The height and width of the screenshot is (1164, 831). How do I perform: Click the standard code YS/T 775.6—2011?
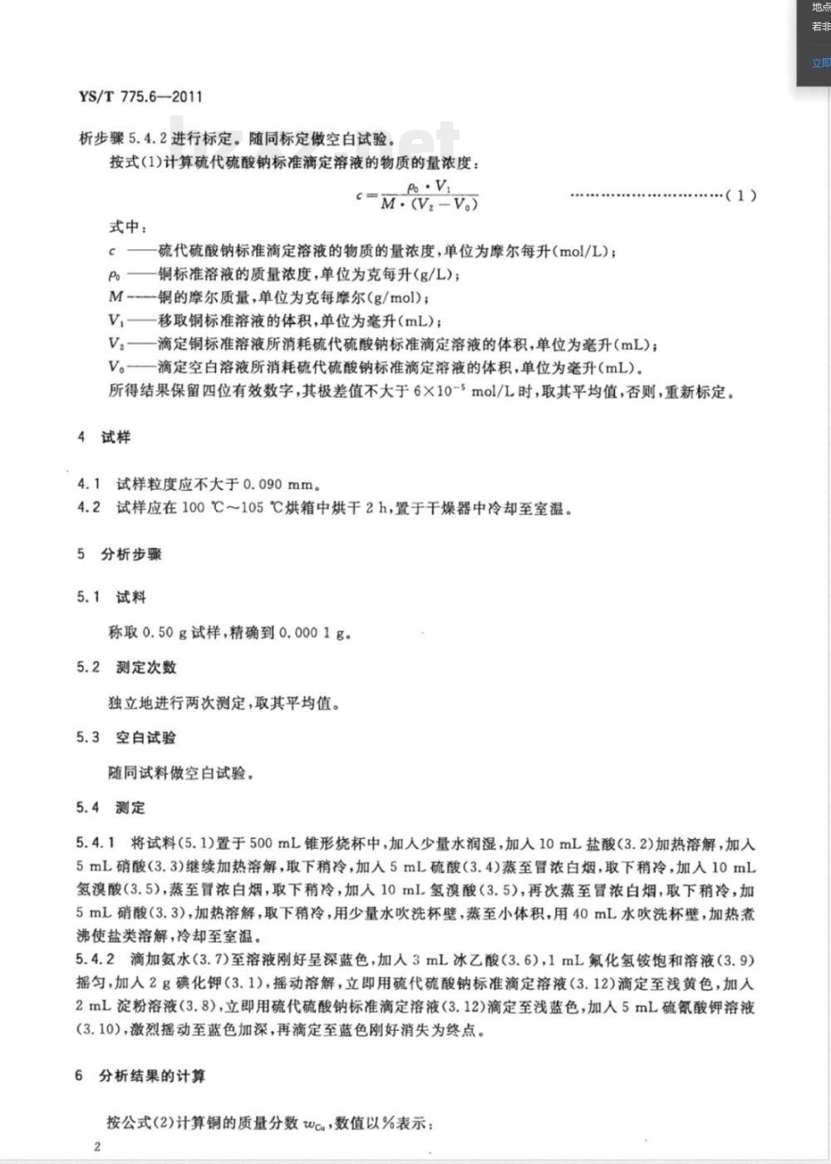[x=140, y=96]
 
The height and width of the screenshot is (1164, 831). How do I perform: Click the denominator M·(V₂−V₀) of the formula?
[x=429, y=205]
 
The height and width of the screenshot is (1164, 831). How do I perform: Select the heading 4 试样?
[x=105, y=437]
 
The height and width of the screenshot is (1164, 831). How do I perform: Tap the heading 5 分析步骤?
[x=120, y=554]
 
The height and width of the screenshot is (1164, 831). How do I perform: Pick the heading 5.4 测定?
[x=111, y=807]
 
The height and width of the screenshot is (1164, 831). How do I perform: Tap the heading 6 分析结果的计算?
[x=140, y=1076]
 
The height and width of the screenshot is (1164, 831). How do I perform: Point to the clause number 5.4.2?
[x=96, y=960]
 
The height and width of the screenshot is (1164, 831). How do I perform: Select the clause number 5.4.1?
[x=96, y=845]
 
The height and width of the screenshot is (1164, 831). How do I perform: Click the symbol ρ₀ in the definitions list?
[x=115, y=274]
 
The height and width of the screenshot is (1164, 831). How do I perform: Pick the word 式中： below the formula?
[x=128, y=227]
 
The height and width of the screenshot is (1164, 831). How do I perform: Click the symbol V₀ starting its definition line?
[x=116, y=367]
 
